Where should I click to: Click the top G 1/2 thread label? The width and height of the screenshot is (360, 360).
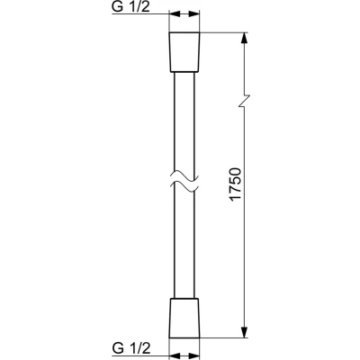pyautogui.click(x=130, y=6)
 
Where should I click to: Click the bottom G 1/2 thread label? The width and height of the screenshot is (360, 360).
pyautogui.click(x=130, y=348)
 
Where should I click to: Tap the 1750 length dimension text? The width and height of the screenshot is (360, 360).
pyautogui.click(x=235, y=184)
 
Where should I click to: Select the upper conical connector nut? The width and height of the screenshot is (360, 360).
pyautogui.click(x=184, y=52)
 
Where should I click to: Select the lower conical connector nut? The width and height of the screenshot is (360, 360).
pyautogui.click(x=184, y=318)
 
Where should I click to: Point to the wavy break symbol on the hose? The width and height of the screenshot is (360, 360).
pyautogui.click(x=184, y=182)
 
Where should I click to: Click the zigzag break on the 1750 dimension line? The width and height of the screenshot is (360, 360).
pyautogui.click(x=245, y=101)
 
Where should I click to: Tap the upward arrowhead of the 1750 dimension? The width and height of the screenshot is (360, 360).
pyautogui.click(x=245, y=39)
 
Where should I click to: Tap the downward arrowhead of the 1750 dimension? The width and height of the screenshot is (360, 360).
pyautogui.click(x=245, y=331)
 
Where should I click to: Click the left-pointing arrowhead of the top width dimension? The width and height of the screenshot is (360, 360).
pyautogui.click(x=175, y=13)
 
